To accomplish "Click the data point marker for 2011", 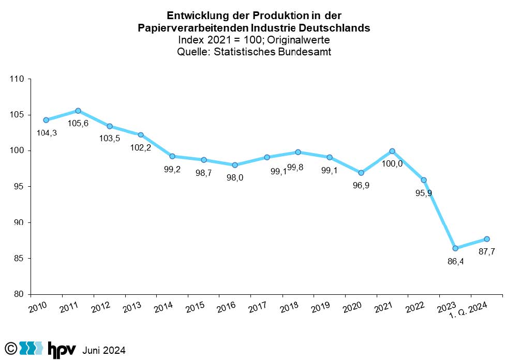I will [x=78, y=111].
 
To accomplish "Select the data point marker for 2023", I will [x=455, y=248].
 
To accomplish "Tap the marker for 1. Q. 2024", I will [x=487, y=239].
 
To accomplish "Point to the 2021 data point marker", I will [x=392, y=151].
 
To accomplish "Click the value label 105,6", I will [x=78, y=123].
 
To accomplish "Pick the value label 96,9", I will [x=361, y=185].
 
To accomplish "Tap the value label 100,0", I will [x=393, y=164].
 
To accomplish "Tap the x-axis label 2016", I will [x=226, y=306].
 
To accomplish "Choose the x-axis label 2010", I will [x=38, y=306].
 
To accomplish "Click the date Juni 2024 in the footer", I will [x=104, y=350].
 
